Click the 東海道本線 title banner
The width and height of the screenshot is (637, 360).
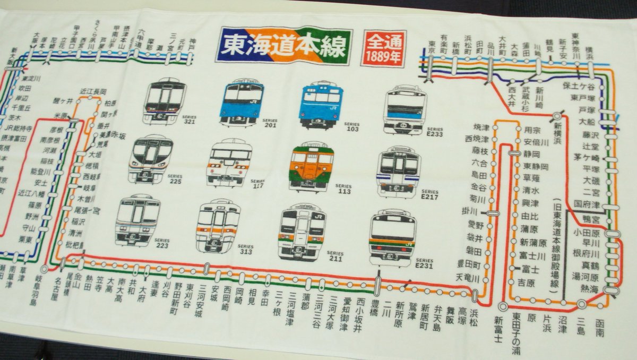pos(286,45)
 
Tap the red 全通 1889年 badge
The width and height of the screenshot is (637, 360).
pos(383,48)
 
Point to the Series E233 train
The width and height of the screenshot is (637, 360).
pos(406,109)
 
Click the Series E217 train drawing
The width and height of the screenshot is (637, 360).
pos(399,172)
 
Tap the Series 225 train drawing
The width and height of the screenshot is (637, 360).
pos(151,158)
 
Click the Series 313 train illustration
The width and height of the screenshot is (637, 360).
pos(218,225)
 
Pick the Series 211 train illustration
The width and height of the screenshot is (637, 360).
pos(301,230)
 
